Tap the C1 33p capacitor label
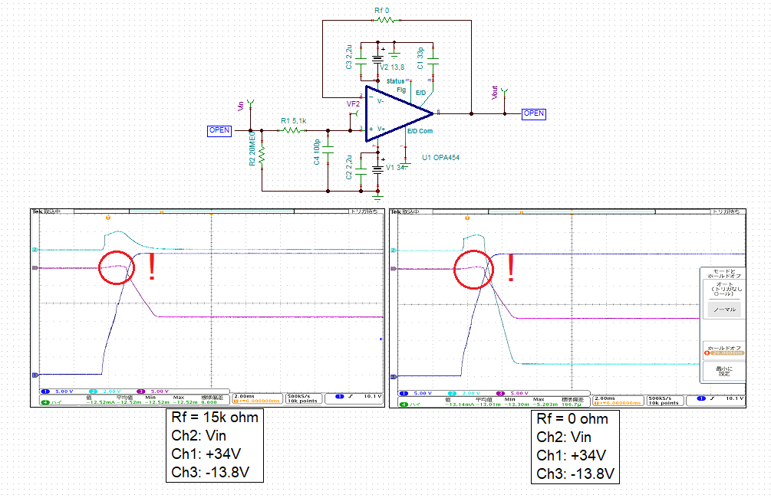pos(420,58)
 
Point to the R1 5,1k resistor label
pos(294,121)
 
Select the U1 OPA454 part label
pos(442,158)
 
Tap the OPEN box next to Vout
pos(533,113)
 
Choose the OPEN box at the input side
pos(219,130)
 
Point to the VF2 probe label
pos(353,103)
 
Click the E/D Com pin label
pos(420,131)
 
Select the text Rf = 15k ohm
pos(214,418)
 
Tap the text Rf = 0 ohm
pos(572,419)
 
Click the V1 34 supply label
pos(394,167)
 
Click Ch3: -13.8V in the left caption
pos(210,472)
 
